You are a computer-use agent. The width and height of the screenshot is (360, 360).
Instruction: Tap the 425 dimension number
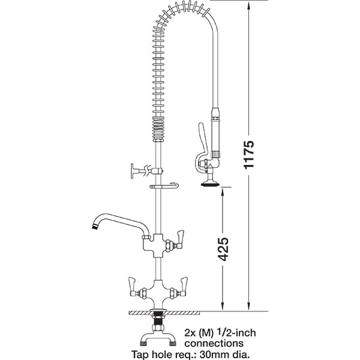coord(223,247)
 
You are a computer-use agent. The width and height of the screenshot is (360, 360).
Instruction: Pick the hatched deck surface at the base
coord(180,312)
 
